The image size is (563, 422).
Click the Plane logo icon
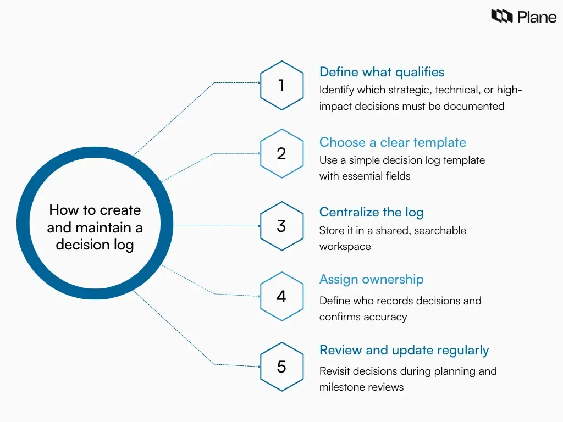(x=501, y=16)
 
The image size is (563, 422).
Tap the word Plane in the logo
(x=537, y=17)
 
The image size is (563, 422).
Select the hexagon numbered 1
(x=281, y=86)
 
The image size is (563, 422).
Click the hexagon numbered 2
(x=281, y=153)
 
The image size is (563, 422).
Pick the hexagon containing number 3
(x=281, y=226)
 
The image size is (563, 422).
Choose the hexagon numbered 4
(x=281, y=296)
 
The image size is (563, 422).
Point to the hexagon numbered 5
(x=281, y=367)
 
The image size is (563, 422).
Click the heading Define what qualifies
(x=382, y=72)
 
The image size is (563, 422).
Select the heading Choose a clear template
(x=393, y=142)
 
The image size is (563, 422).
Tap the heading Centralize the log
(x=371, y=212)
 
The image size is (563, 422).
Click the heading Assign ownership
(x=371, y=279)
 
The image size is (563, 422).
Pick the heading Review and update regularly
(x=404, y=350)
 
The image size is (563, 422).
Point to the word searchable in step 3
(x=440, y=230)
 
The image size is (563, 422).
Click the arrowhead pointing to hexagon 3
(x=258, y=226)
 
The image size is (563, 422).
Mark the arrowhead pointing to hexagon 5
(x=258, y=365)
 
